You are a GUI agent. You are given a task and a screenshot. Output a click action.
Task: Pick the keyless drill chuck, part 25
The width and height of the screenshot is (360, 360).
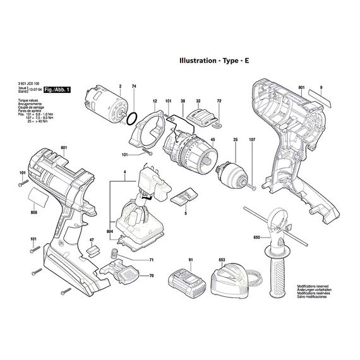click(231, 172)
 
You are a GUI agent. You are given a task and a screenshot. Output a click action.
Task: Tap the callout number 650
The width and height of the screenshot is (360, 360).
click(256, 237)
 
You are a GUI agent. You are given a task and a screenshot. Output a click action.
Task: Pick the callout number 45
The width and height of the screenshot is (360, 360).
click(213, 139)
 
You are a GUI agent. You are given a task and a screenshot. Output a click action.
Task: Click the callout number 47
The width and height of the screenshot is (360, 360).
click(92, 240)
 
